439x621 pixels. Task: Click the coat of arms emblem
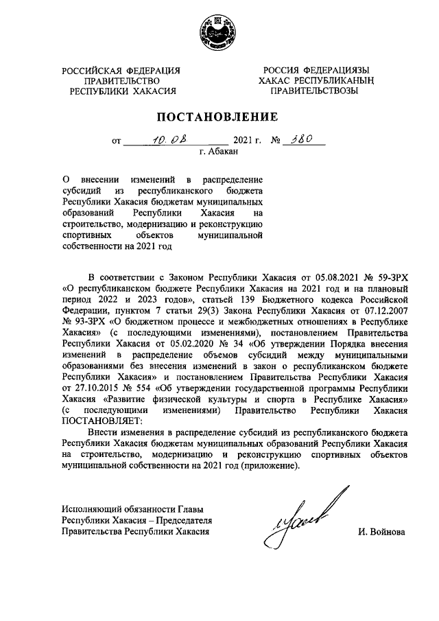click(x=219, y=32)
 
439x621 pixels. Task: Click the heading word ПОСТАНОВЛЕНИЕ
click(x=219, y=116)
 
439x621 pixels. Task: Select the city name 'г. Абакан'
click(x=219, y=152)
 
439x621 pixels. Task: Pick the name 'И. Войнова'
click(x=382, y=531)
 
